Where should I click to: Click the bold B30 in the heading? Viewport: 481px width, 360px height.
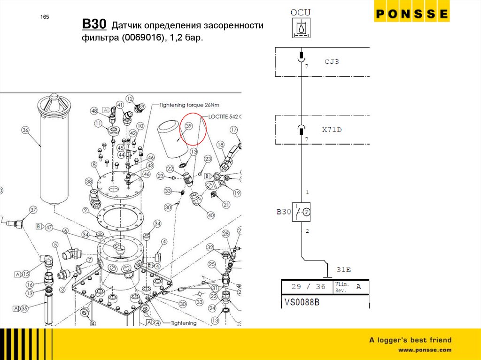click(94, 24)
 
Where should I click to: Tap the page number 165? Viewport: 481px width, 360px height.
click(45, 17)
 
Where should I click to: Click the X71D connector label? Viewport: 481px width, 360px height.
click(332, 130)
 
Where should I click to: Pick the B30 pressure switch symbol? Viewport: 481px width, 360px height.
click(301, 212)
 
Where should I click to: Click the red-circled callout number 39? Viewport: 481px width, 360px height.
click(189, 126)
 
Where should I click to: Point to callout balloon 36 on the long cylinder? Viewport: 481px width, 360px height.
click(25, 130)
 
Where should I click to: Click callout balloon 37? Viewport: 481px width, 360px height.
click(33, 209)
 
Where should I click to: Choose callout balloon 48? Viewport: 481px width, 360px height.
click(94, 111)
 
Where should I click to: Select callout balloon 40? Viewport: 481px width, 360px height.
click(210, 215)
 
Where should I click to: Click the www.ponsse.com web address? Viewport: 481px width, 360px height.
click(425, 350)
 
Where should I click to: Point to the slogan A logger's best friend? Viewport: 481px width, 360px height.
click(410, 340)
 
